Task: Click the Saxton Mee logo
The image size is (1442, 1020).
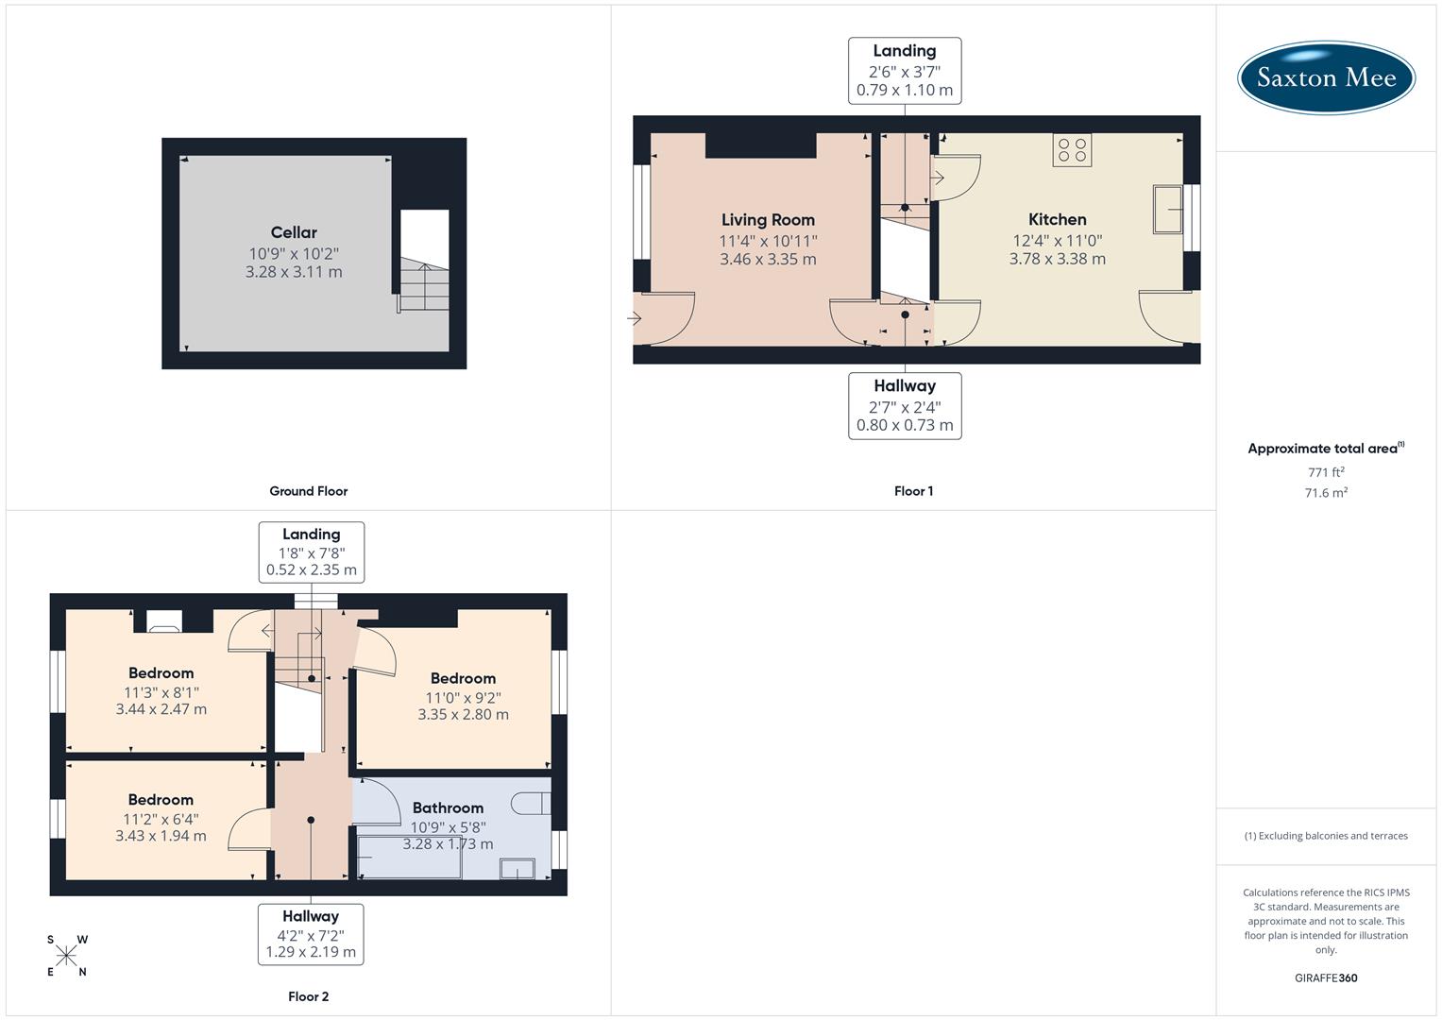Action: (x=1326, y=77)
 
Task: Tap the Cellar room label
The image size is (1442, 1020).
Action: (x=294, y=232)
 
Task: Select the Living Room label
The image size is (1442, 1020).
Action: (x=768, y=220)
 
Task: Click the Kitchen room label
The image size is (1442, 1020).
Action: (x=1057, y=219)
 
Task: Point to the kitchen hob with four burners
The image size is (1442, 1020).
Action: (x=1072, y=150)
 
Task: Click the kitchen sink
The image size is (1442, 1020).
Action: (x=1167, y=209)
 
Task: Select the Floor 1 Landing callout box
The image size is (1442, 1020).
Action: (x=904, y=71)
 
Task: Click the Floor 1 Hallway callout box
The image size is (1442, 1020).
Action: (x=904, y=405)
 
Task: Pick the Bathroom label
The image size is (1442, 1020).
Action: (x=448, y=808)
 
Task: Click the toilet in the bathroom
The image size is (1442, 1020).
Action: (x=532, y=803)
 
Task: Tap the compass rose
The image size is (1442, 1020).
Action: (x=66, y=956)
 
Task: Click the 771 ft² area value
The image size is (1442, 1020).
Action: (x=1326, y=472)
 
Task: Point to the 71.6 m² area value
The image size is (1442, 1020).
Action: (x=1326, y=493)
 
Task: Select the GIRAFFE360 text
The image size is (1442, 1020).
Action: (x=1326, y=978)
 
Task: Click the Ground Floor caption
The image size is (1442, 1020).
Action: (x=308, y=491)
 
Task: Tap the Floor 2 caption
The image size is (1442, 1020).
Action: (x=308, y=996)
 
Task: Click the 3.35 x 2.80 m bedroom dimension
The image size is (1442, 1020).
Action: (x=463, y=715)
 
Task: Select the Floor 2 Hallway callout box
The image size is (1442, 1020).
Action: (x=311, y=934)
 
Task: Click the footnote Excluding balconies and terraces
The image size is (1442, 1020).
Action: (x=1326, y=836)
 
